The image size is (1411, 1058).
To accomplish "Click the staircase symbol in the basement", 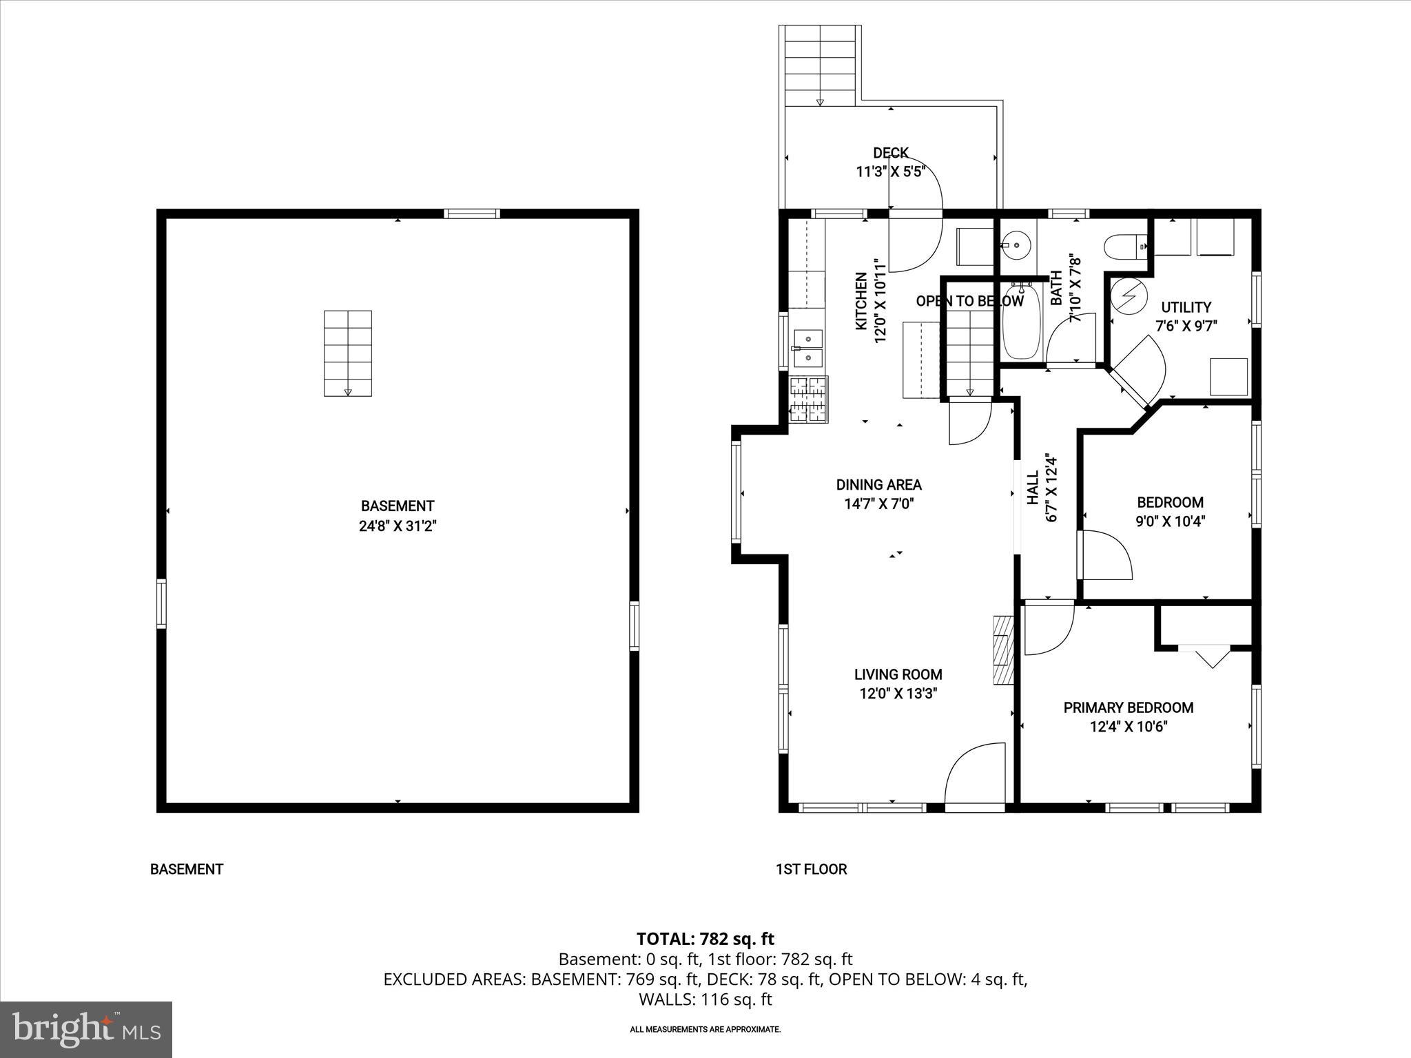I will click(348, 353).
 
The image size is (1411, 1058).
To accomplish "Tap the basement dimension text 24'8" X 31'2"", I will click(398, 526).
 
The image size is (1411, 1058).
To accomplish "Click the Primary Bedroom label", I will click(1128, 707).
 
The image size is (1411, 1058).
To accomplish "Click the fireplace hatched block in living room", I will click(1003, 650).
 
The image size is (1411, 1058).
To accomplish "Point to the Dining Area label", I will click(878, 485).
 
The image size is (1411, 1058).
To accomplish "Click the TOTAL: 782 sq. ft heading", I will click(705, 939).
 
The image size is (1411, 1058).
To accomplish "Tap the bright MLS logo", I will click(86, 1029).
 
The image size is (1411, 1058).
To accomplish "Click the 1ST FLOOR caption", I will click(811, 869).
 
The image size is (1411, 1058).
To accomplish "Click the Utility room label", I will click(1186, 307).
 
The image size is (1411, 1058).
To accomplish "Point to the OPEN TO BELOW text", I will click(969, 301).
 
